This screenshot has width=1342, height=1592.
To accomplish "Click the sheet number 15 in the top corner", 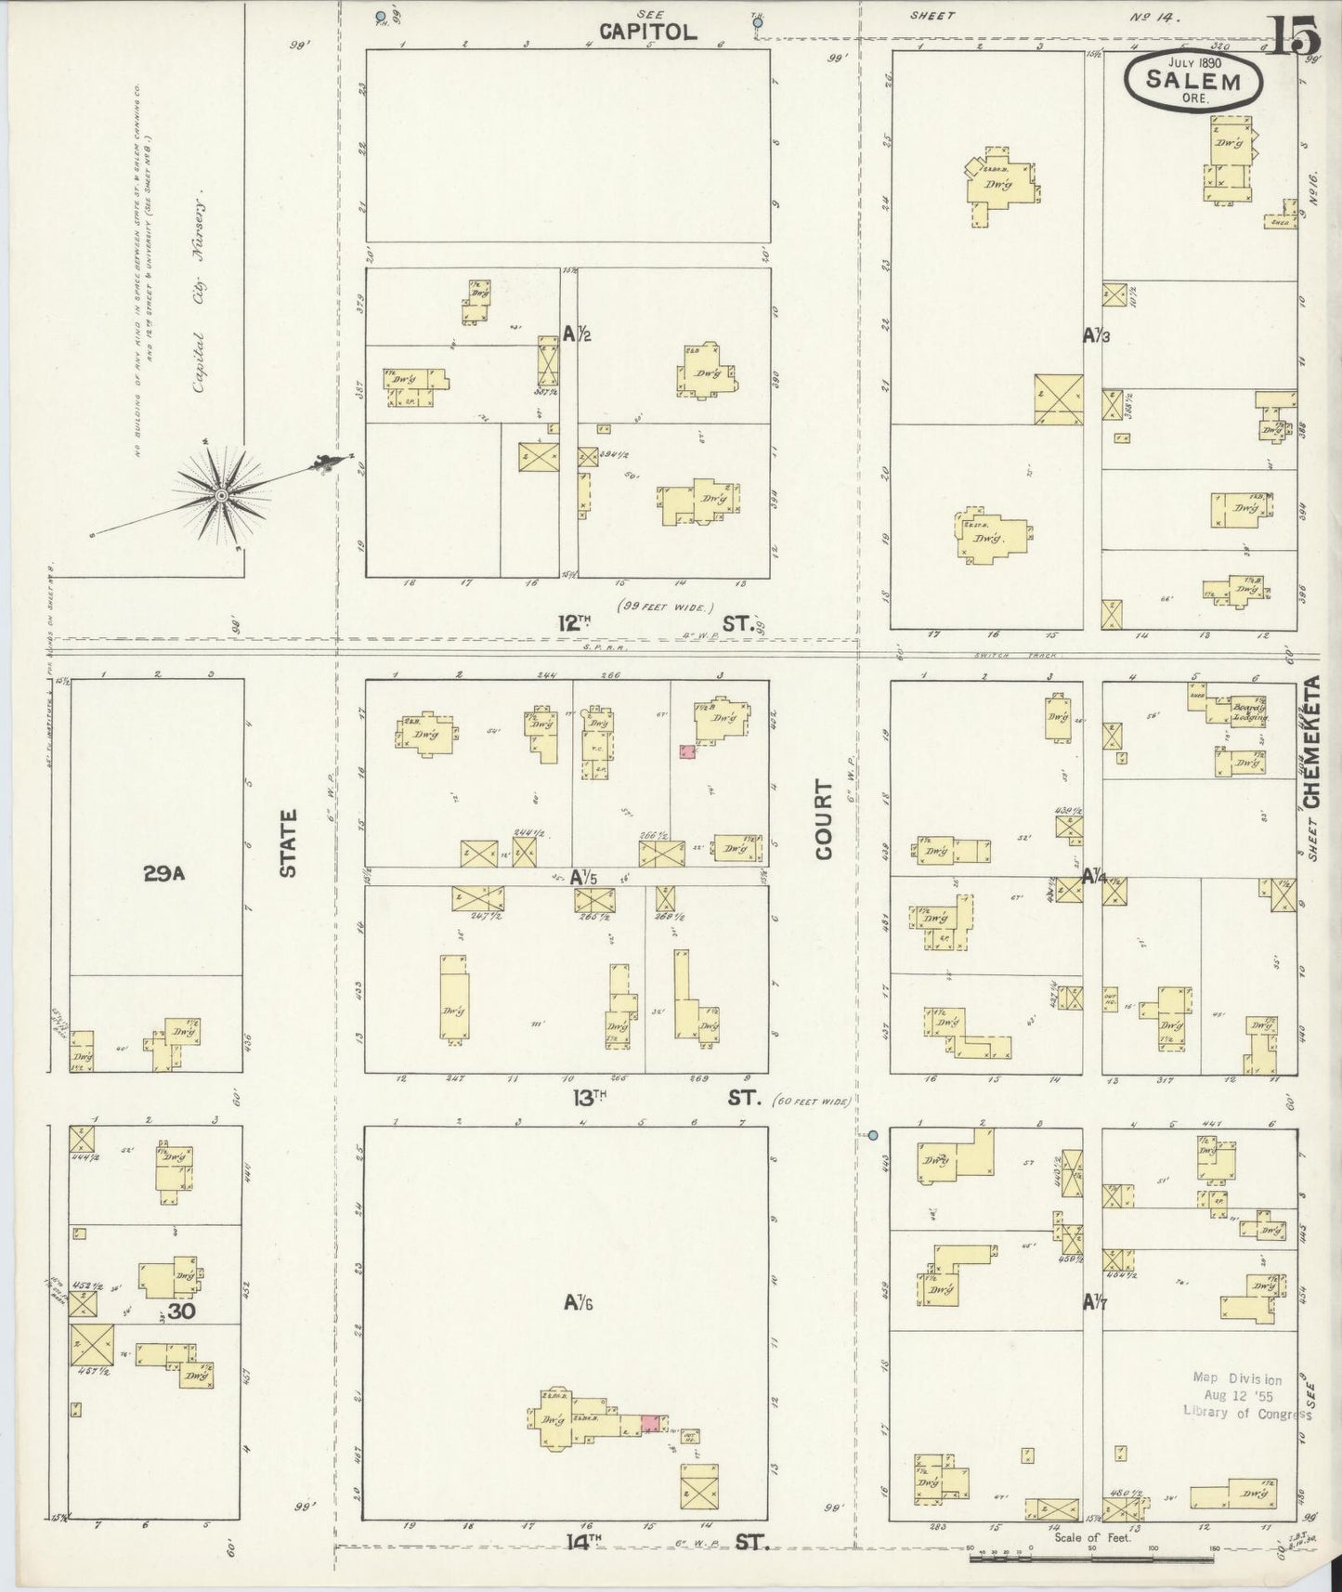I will (1292, 36).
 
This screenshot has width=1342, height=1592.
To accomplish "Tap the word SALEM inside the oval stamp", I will (1193, 80).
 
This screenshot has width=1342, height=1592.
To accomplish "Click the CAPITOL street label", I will (647, 32).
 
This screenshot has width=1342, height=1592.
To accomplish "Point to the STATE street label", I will (288, 842).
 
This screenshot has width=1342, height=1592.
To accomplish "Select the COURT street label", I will (825, 823).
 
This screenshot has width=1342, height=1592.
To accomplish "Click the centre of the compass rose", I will (221, 496).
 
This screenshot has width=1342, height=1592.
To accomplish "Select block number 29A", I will (164, 873).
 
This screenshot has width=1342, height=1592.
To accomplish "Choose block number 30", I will (181, 1311).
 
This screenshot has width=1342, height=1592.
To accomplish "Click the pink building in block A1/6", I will (651, 1423).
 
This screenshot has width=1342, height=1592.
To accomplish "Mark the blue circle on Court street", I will (872, 1135).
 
